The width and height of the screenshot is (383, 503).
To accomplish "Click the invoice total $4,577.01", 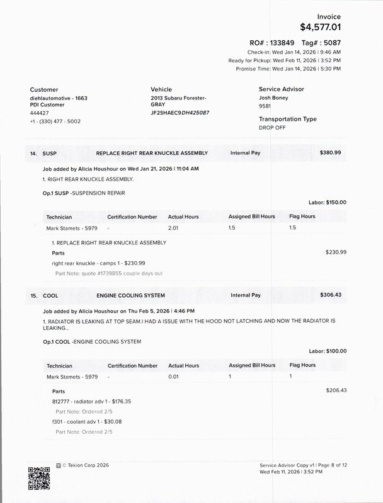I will pyautogui.click(x=321, y=27).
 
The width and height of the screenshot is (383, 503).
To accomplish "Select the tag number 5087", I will pyautogui.click(x=331, y=42).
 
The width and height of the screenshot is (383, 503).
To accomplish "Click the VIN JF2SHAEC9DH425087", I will pyautogui.click(x=180, y=113).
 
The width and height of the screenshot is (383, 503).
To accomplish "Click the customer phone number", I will pyautogui.click(x=55, y=121).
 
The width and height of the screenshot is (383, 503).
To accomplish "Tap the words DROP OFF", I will pyautogui.click(x=272, y=127).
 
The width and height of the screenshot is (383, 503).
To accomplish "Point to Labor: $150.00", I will pyautogui.click(x=327, y=202).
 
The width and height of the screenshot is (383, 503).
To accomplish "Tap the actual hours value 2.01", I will pyautogui.click(x=174, y=227).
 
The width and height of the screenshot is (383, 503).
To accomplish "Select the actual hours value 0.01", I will pyautogui.click(x=174, y=376).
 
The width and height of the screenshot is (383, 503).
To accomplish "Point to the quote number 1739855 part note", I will pyautogui.click(x=109, y=273).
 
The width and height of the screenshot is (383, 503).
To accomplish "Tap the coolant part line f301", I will pyautogui.click(x=87, y=422).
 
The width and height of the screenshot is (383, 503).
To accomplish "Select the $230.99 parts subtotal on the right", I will pyautogui.click(x=336, y=252).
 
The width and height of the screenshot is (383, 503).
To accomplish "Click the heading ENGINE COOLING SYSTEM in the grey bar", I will pyautogui.click(x=130, y=295).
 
